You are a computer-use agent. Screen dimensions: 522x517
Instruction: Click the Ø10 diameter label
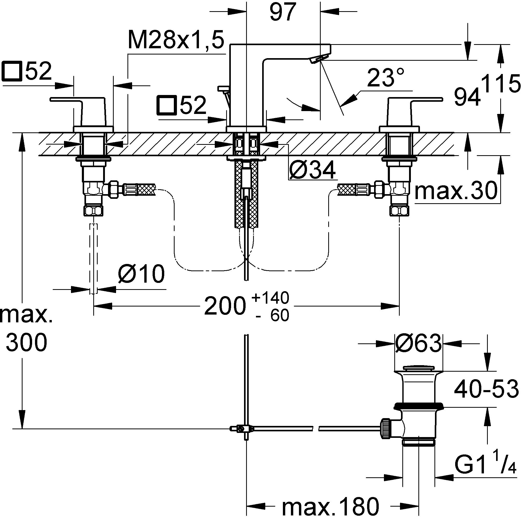pos(141,274)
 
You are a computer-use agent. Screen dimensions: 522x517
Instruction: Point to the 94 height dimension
pos(467,97)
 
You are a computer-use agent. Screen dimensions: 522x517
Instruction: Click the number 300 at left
pos(26,342)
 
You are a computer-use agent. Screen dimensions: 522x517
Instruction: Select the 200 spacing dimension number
pos(225,306)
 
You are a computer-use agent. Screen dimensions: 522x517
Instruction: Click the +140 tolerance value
pos(270,298)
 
